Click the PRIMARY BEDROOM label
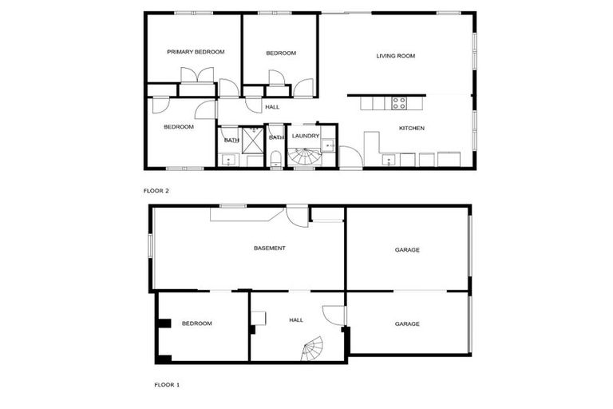tap(196, 52)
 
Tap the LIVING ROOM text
tap(396, 56)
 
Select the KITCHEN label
tap(412, 128)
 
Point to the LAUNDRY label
tap(306, 136)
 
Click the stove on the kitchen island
tap(398, 102)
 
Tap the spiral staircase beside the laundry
tap(303, 157)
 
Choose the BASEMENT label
tap(270, 248)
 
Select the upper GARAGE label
tap(407, 250)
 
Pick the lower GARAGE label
tap(407, 324)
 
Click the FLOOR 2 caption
tap(156, 191)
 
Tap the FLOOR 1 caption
tap(167, 384)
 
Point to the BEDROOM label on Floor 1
tap(197, 324)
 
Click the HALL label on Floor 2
tap(272, 106)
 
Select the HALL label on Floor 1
tap(296, 320)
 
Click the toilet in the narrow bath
tap(275, 161)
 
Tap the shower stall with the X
tap(253, 141)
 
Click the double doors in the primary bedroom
tap(197, 76)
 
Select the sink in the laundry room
tap(328, 145)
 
